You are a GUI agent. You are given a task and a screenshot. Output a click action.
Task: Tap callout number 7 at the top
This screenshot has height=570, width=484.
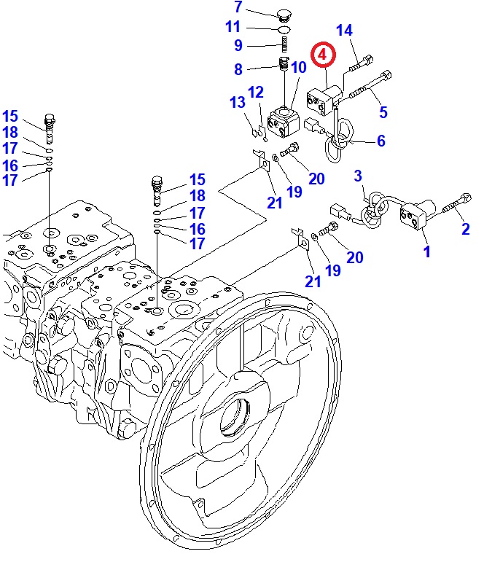coord(238,8)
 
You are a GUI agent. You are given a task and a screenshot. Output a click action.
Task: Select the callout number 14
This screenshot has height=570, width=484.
coord(344,30)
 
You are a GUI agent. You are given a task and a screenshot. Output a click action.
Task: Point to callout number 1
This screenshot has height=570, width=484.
coord(427,251)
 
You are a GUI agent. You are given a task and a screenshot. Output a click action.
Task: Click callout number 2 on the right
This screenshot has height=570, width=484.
coord(466,229)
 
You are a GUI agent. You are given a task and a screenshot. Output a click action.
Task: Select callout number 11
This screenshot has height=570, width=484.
coord(233,28)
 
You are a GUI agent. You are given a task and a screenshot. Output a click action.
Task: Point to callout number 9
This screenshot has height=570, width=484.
coord(238,46)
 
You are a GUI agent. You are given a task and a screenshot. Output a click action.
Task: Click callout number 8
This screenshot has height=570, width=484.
coord(238,69)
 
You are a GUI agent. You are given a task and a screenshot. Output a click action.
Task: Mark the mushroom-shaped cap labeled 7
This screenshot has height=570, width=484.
coord(284,12)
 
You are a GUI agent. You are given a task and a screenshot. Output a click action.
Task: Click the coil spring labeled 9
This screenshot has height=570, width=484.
coord(285,46)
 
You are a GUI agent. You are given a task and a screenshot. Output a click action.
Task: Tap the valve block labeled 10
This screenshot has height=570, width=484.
coord(282,120)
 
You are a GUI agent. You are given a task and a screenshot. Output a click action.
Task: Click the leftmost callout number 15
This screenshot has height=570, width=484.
coord(10,116)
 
